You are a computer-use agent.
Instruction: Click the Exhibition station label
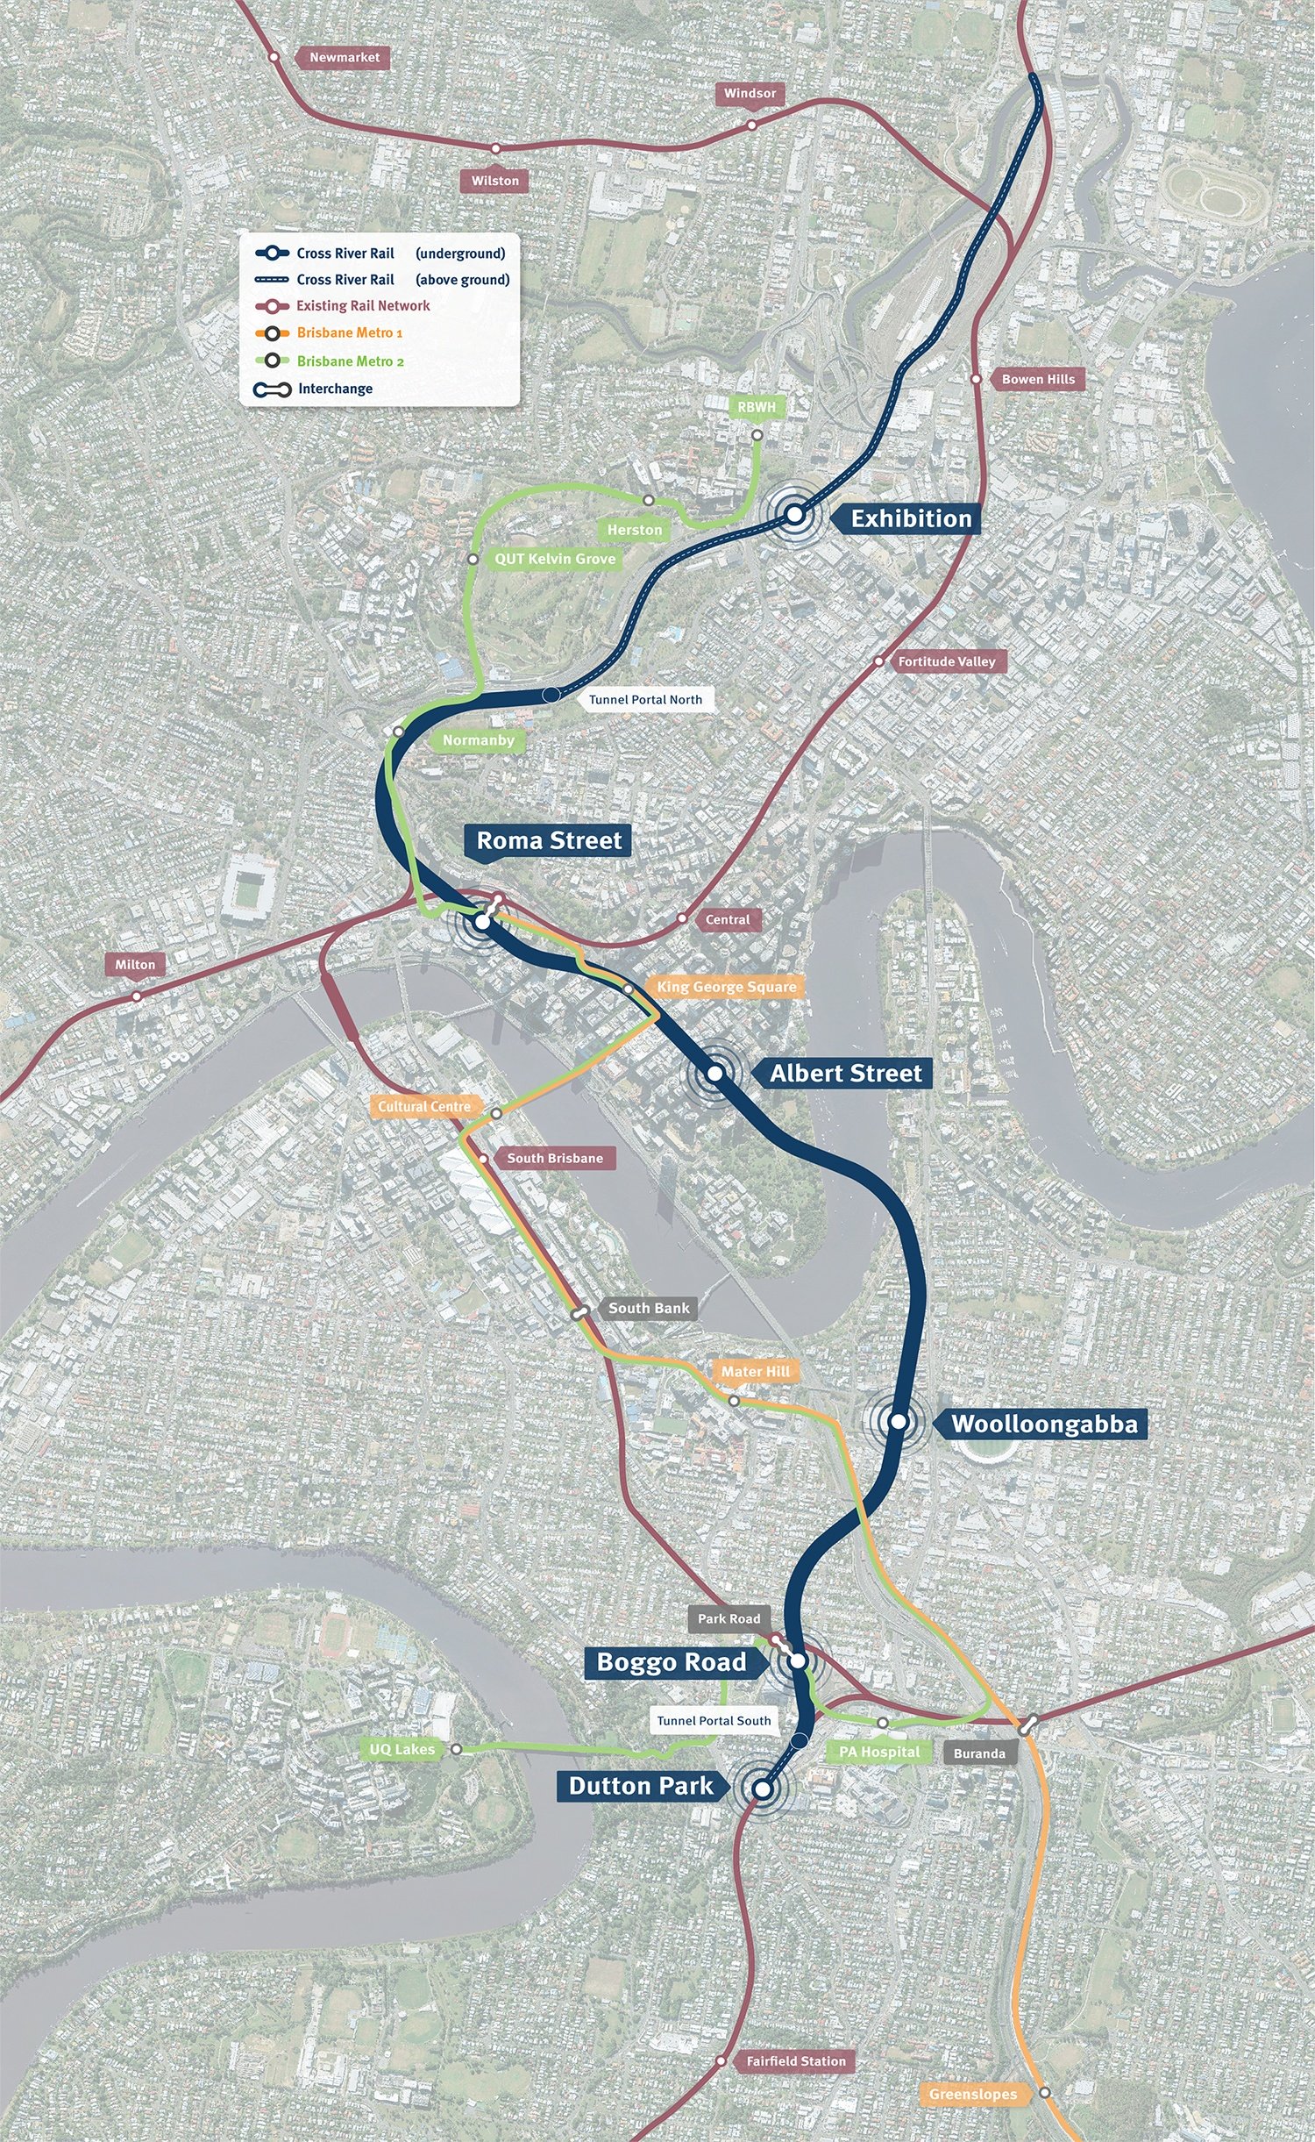point(911,518)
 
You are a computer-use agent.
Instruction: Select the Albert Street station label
point(845,1073)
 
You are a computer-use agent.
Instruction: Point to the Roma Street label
point(549,840)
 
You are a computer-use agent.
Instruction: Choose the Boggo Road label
point(671,1662)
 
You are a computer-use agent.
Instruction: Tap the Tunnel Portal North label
point(645,699)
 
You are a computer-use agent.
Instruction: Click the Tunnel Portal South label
point(714,1720)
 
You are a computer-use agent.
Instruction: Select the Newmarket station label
point(345,57)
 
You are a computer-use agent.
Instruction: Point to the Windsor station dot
point(751,125)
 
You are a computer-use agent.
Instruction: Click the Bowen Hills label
point(1038,379)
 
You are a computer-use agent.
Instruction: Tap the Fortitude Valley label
point(947,661)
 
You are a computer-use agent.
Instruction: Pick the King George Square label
point(726,987)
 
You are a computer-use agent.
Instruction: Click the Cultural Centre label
point(424,1106)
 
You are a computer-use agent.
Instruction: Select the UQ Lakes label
point(402,1749)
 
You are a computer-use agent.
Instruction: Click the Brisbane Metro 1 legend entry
point(349,332)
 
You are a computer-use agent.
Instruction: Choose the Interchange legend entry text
point(335,389)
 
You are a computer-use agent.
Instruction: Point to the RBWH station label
point(756,407)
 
